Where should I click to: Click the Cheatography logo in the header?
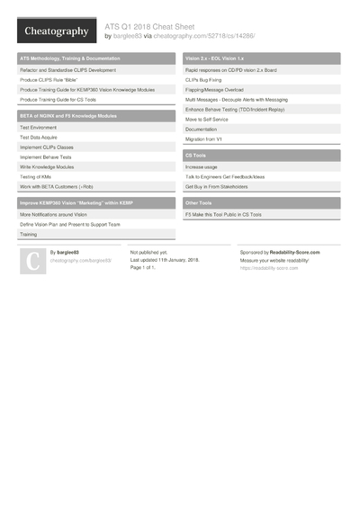coord(56,31)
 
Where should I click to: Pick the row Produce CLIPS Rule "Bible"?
coord(54,79)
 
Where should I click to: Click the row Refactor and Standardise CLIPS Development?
coord(67,69)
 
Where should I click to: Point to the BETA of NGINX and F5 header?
coord(67,116)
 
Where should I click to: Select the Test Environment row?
coord(39,128)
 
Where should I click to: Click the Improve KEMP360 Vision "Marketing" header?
coord(76,203)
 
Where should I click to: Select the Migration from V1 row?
coord(205,138)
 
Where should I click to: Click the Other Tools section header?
coord(199,203)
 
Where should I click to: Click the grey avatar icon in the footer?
coord(33,261)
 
